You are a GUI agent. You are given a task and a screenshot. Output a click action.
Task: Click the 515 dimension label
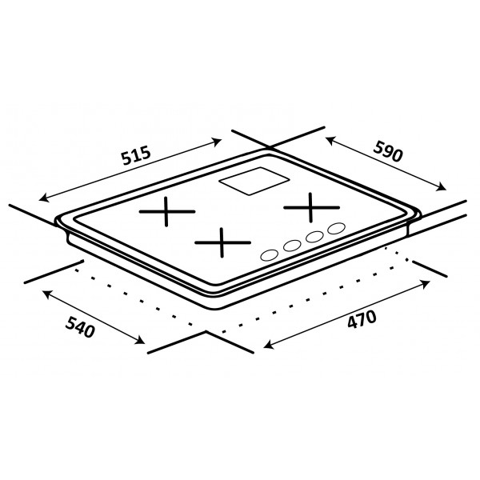pos(136,155)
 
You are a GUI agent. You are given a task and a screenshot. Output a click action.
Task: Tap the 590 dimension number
pos(387,150)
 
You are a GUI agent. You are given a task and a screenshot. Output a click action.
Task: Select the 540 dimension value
pos(80,327)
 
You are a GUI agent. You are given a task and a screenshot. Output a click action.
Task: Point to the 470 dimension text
pos(362,319)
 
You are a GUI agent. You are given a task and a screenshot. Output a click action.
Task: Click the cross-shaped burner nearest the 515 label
pos(166,211)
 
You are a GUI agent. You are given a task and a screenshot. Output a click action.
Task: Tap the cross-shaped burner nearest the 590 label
pos(311,207)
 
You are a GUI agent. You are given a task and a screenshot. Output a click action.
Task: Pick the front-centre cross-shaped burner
pos(222,242)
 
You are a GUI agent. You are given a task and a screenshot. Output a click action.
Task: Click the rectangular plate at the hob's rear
pos(254,181)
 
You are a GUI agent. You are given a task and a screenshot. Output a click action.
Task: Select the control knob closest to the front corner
pos(270,255)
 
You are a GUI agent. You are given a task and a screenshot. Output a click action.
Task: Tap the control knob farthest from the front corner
pos(337,228)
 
